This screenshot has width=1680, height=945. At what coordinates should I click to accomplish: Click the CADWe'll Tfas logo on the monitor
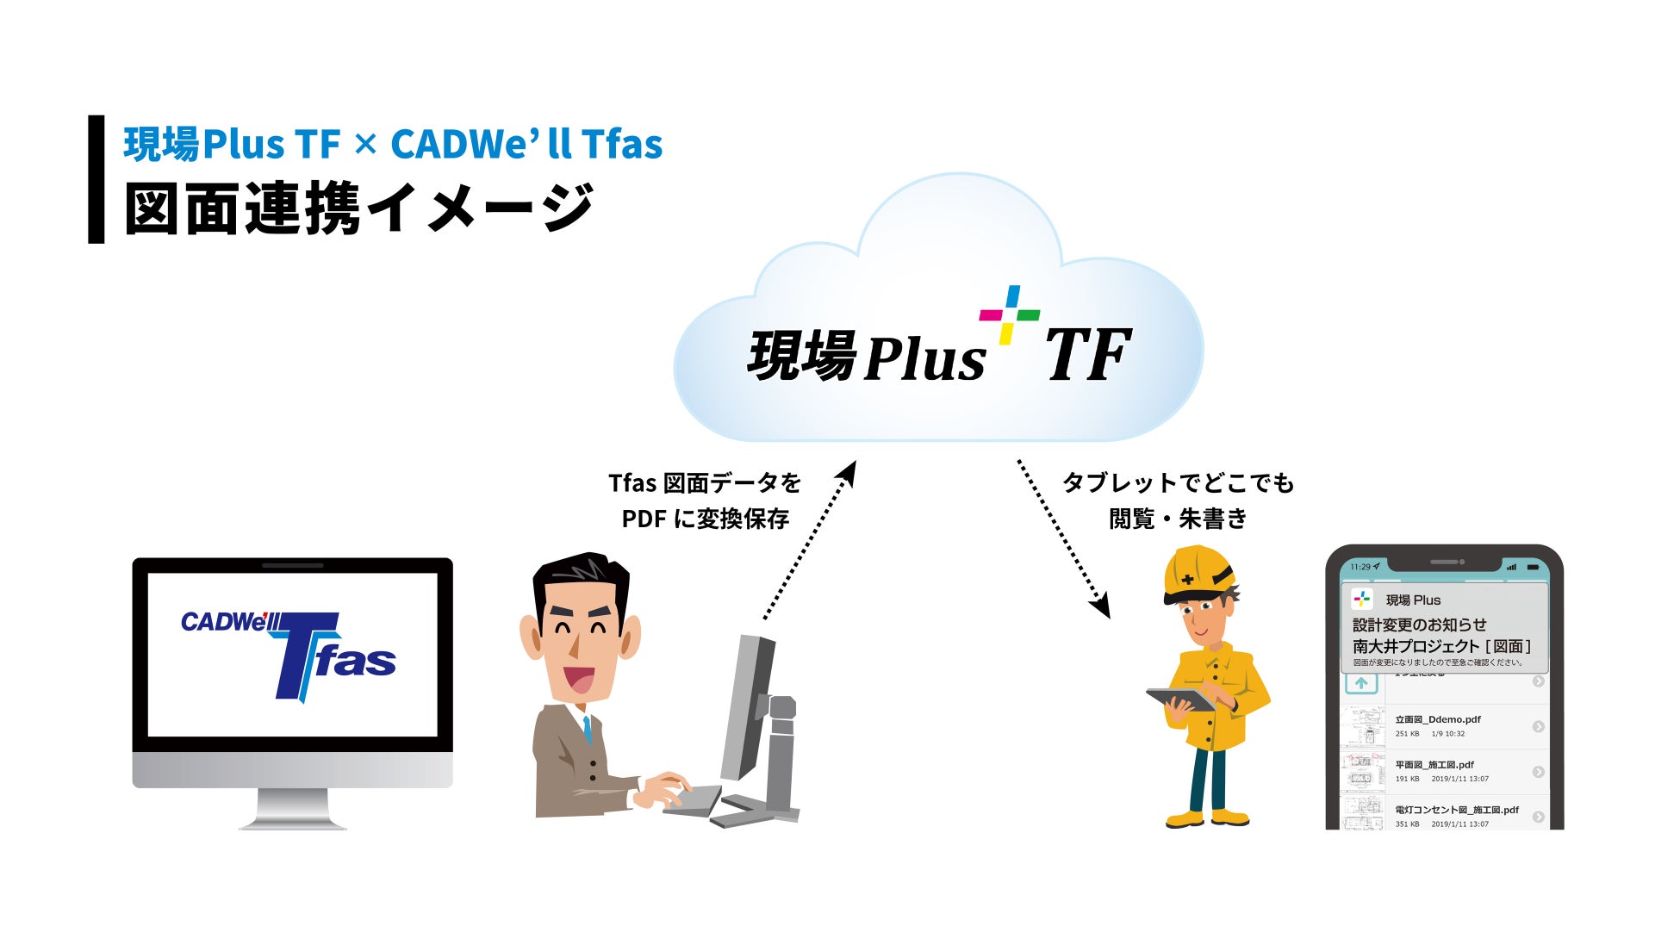coord(289,655)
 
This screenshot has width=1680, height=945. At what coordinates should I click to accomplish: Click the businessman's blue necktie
coord(587,731)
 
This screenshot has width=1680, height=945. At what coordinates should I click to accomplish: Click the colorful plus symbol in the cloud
coord(1009,314)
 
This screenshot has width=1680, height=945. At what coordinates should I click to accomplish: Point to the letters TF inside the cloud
coord(1087,356)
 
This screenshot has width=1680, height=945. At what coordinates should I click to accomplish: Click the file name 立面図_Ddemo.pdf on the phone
coord(1437,719)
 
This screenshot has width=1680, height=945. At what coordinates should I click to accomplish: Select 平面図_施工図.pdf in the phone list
coord(1434,764)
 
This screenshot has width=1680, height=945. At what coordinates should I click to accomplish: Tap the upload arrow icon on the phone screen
coord(1361,683)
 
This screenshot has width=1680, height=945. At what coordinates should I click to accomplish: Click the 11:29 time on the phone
coord(1360,567)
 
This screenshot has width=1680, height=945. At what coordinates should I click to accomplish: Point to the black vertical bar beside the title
coord(96,179)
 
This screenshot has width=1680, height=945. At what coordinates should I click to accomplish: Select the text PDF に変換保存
coord(705,519)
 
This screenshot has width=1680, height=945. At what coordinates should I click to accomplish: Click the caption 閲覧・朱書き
coord(1178,519)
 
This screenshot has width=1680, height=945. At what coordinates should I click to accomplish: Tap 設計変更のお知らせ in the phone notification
coord(1419,625)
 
